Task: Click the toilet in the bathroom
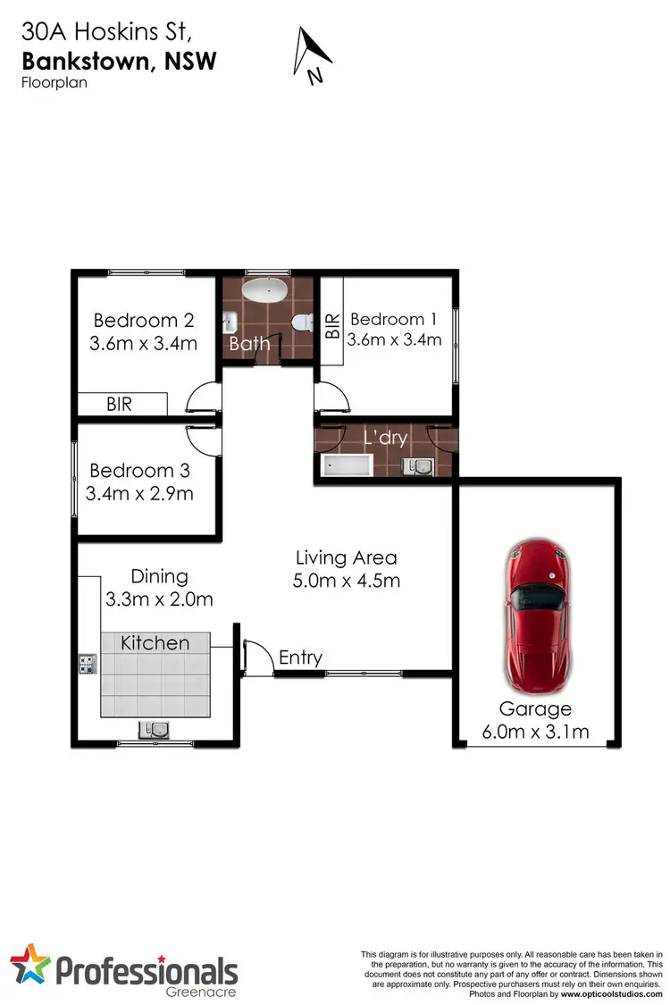(x=303, y=321)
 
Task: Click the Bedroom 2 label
(x=143, y=320)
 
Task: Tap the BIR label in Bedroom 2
(x=119, y=405)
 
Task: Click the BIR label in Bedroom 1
(x=332, y=325)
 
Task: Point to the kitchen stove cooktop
(x=88, y=664)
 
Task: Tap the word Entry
(x=300, y=657)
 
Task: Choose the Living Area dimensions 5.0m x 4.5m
(x=346, y=581)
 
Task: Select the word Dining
(x=160, y=576)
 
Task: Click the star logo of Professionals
(x=32, y=968)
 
